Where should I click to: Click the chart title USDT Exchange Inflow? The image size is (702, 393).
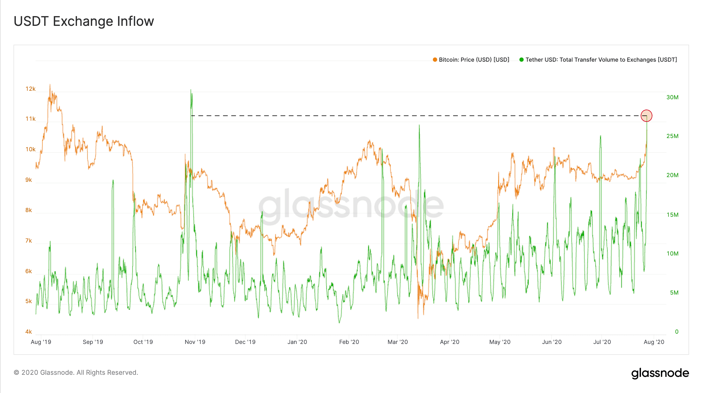click(84, 21)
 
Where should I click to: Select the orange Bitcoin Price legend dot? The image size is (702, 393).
click(435, 60)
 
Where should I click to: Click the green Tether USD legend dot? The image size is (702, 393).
click(522, 60)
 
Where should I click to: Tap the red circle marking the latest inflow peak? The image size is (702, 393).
click(646, 116)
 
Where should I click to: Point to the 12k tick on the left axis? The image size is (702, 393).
click(31, 89)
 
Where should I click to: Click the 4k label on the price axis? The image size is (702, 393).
click(28, 332)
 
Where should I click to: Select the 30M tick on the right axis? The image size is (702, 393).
click(672, 97)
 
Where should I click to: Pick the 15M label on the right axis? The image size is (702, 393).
click(672, 215)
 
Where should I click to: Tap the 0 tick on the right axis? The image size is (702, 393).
click(676, 332)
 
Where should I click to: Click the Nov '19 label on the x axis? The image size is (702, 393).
click(195, 342)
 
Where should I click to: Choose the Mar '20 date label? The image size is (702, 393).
click(398, 342)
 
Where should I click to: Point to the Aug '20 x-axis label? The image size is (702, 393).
click(654, 342)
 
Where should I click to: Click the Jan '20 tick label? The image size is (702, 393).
click(297, 342)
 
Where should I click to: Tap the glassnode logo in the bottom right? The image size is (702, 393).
click(660, 373)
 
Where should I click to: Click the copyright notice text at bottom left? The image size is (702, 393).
click(76, 372)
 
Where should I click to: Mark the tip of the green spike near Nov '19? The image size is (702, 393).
click(191, 90)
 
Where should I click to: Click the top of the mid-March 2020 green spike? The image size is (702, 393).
click(419, 125)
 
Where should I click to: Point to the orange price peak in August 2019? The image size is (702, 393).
click(50, 85)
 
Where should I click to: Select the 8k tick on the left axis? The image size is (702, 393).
click(28, 210)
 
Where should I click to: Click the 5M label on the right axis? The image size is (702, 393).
click(674, 293)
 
